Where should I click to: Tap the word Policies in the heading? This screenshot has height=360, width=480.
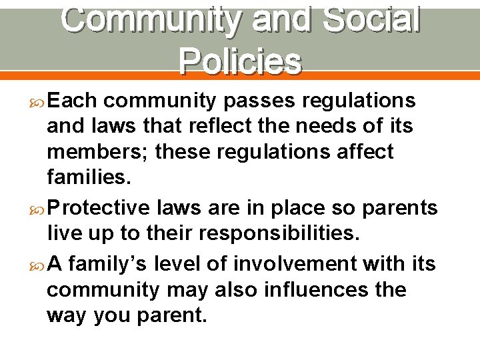[x=240, y=61]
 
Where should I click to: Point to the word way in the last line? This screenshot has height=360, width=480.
[x=67, y=316]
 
